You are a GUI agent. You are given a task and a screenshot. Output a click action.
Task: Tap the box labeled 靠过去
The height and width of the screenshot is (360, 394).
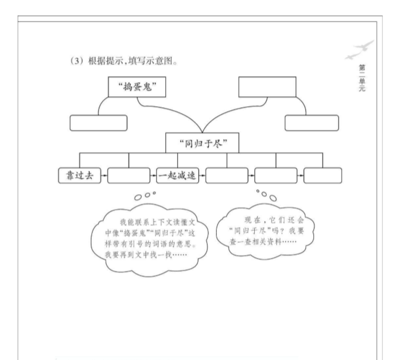pos(79,175)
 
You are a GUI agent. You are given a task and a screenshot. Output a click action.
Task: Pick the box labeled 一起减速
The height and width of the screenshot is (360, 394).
pos(177,175)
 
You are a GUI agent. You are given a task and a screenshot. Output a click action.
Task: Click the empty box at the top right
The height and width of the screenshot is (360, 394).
pos(267,87)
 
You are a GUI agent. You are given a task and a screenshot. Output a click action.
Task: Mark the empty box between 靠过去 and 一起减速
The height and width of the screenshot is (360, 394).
pos(128,175)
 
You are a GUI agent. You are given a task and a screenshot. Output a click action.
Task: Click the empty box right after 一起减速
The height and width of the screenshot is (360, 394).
pos(226,175)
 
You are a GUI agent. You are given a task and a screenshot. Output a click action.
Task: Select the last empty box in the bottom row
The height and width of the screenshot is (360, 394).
pos(322,175)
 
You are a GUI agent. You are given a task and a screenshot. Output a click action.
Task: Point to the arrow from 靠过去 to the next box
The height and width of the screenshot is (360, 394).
pos(103,176)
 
